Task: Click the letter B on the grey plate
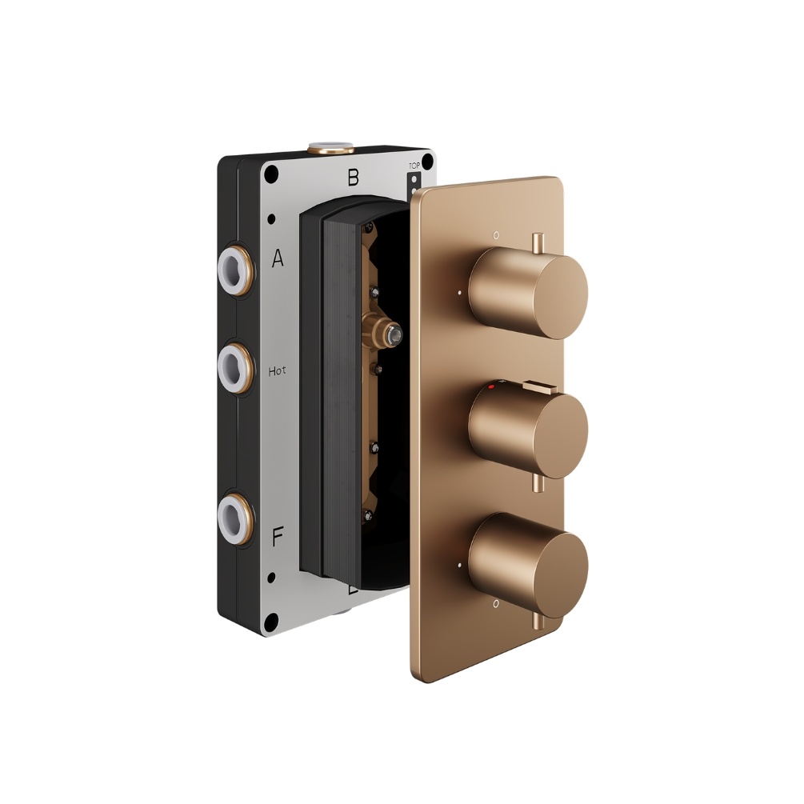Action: point(352,178)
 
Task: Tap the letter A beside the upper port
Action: point(278,258)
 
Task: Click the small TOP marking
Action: point(414,166)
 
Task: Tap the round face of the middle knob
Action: point(558,426)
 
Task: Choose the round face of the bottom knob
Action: point(558,562)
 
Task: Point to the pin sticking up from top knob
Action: point(538,242)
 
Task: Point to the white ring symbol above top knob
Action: point(497,237)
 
